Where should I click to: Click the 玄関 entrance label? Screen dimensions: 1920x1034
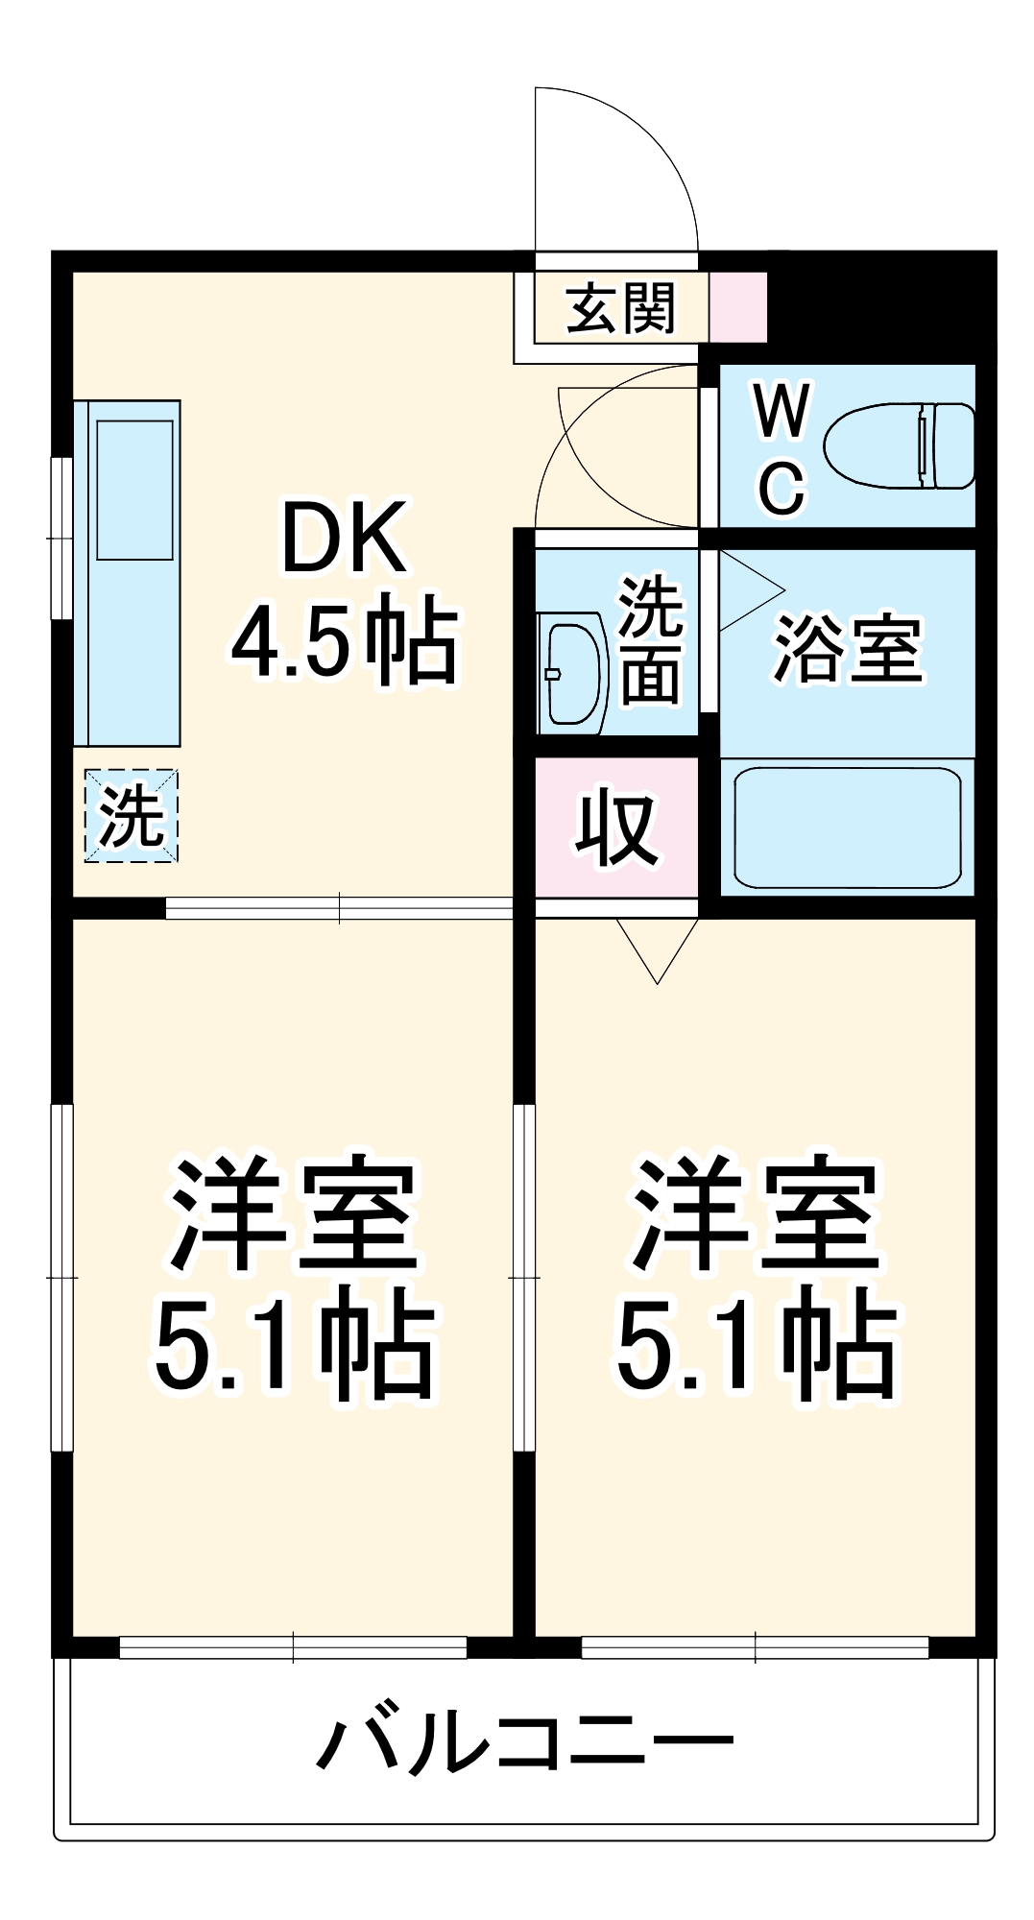(x=621, y=308)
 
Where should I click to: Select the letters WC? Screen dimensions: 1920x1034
(x=782, y=448)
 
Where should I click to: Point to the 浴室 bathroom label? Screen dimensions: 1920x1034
(x=847, y=649)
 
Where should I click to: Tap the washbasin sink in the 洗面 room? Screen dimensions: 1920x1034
(x=572, y=673)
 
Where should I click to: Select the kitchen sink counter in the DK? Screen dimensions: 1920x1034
(x=129, y=573)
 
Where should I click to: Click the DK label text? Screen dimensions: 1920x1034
(x=343, y=539)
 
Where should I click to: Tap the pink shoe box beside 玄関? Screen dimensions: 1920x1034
(x=738, y=307)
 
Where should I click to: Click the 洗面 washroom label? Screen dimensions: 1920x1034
(x=650, y=640)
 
